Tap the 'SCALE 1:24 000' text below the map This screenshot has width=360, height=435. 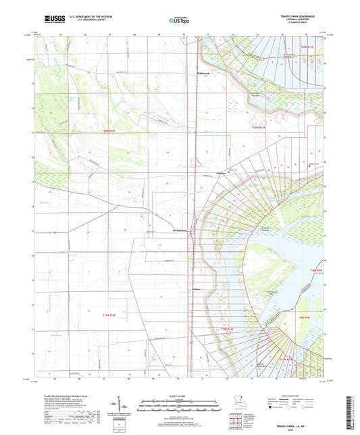pos(179,395)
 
